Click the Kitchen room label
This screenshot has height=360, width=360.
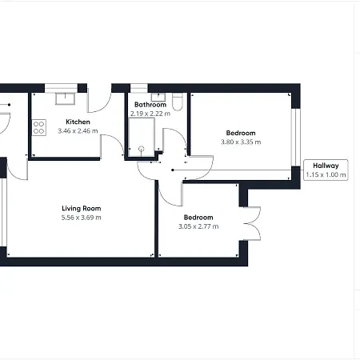click(78, 122)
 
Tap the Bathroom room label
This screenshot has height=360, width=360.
click(150, 105)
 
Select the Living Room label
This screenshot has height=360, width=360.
click(82, 208)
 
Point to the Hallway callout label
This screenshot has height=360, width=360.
click(326, 166)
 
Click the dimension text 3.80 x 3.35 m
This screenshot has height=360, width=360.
click(241, 142)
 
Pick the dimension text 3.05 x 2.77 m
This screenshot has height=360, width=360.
click(198, 226)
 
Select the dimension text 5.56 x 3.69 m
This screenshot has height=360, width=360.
click(82, 218)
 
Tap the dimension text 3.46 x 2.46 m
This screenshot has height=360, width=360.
click(78, 131)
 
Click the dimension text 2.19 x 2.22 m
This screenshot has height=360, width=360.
click(150, 114)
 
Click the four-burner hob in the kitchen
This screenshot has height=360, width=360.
click(39, 128)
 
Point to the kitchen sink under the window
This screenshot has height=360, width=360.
click(65, 98)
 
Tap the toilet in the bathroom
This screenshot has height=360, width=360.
click(178, 102)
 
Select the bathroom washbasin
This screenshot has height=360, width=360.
click(158, 97)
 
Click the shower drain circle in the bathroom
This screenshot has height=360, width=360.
click(142, 149)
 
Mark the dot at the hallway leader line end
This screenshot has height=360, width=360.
click(173, 170)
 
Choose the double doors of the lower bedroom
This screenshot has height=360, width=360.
click(253, 224)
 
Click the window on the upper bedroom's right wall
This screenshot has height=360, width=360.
click(296, 137)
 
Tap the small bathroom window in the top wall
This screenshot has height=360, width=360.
click(138, 88)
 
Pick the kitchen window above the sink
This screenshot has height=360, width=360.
click(61, 88)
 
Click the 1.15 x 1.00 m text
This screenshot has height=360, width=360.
click(326, 175)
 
